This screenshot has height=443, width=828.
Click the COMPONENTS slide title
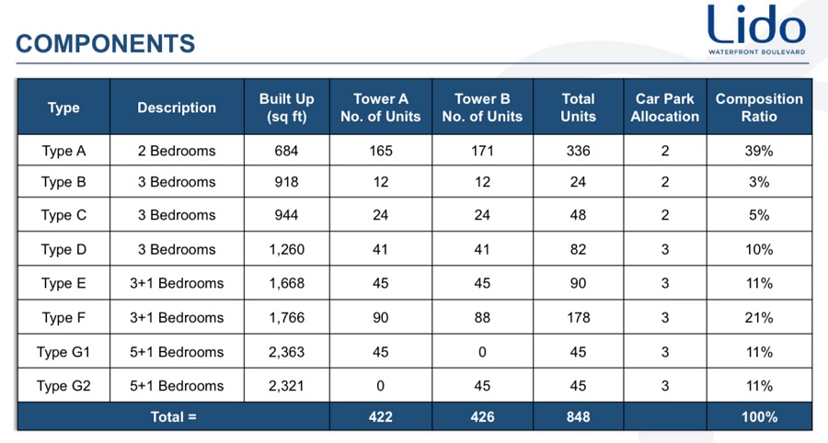[106, 44]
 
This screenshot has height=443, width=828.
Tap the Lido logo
[757, 29]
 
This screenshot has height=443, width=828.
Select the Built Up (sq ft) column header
[287, 108]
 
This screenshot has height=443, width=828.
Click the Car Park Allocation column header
[665, 108]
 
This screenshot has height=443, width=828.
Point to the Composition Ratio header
[759, 108]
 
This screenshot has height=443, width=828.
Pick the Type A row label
[63, 151]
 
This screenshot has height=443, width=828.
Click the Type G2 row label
[63, 386]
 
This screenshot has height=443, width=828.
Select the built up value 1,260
[287, 249]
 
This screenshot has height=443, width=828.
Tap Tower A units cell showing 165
[381, 151]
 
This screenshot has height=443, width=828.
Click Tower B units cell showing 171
[482, 151]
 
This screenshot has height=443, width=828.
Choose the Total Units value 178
[579, 317]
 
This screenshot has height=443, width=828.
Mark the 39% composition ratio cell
[759, 151]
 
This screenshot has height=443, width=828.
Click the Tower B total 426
[482, 417]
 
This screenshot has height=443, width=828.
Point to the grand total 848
[579, 417]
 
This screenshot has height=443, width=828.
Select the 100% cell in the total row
[759, 417]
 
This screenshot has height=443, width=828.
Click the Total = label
[173, 417]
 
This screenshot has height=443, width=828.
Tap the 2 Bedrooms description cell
[177, 151]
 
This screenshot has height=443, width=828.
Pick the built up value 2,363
[287, 352]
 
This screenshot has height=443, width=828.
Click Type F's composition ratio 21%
[759, 317]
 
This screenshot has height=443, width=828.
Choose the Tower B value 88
[482, 317]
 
